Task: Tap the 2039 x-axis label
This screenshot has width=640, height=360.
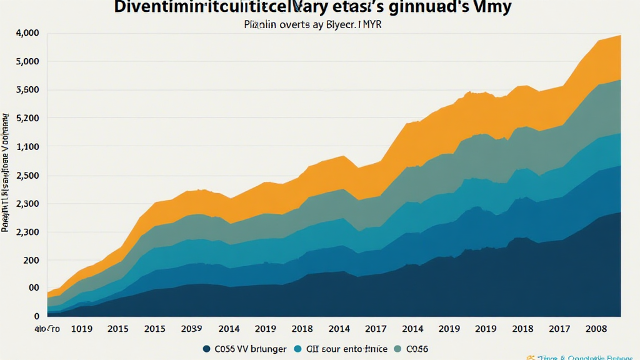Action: [x=191, y=329]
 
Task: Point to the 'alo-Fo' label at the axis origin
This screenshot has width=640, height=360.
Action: [x=47, y=329]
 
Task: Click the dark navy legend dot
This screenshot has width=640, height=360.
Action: [x=206, y=349]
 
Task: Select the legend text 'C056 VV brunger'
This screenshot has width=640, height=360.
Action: [x=250, y=349]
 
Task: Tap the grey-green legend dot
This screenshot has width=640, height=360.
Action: [x=398, y=349]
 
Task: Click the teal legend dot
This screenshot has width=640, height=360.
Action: [x=297, y=349]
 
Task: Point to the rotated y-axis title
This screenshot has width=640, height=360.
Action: [x=6, y=172]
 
